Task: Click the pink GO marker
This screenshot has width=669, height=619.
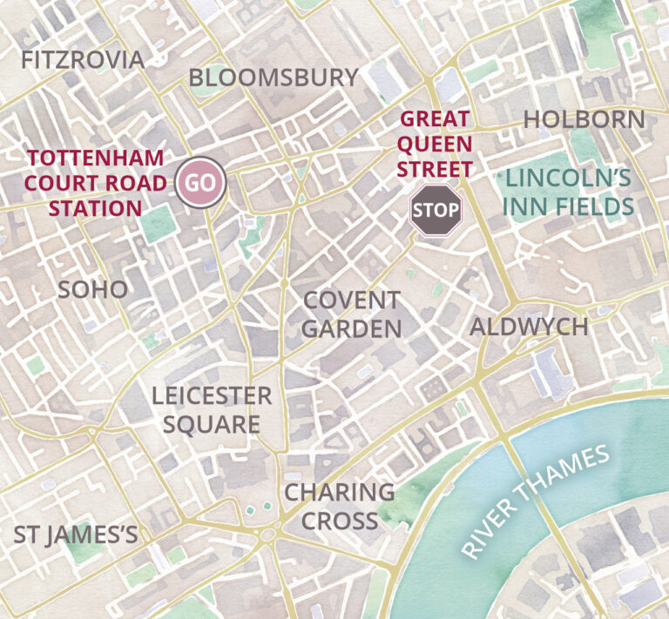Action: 201,184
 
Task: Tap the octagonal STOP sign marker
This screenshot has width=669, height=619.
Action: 436,210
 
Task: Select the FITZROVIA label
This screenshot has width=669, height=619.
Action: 83,60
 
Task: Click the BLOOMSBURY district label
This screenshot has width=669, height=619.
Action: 274,77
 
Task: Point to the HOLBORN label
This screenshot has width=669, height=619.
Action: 585,120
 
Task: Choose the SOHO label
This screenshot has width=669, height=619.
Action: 92,290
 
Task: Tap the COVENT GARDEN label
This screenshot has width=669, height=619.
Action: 352,314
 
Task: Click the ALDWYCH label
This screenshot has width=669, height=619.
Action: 529,327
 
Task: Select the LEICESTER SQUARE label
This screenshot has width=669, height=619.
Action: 212,410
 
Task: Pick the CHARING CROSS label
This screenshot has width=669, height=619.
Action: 340,506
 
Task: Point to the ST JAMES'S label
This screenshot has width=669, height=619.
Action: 76,535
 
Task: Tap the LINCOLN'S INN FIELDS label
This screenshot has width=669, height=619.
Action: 569,192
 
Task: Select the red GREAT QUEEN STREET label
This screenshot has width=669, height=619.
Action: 436,144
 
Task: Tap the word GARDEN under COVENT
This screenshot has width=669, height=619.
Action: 352,329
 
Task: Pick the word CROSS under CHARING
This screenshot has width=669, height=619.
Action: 341,521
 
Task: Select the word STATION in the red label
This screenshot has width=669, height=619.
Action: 96,208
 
